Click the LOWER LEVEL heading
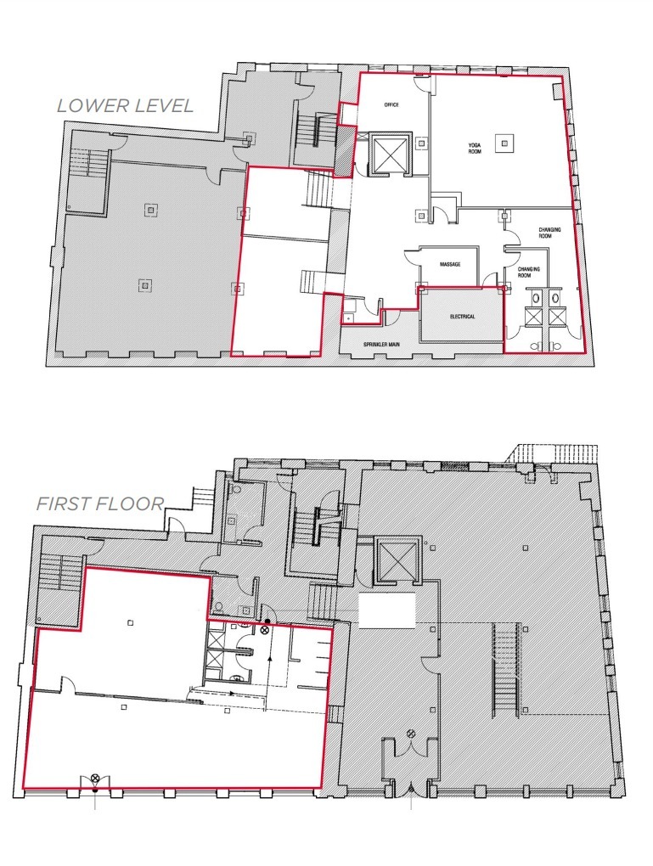pyautogui.click(x=125, y=106)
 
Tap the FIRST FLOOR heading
pyautogui.click(x=99, y=503)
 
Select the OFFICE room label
pyautogui.click(x=391, y=105)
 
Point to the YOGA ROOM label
pyautogui.click(x=475, y=149)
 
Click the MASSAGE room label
pyautogui.click(x=450, y=265)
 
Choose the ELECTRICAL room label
pyautogui.click(x=463, y=317)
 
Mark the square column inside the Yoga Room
pyautogui.click(x=506, y=143)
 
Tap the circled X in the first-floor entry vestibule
pyautogui.click(x=411, y=734)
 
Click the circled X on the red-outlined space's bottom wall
pyautogui.click(x=95, y=779)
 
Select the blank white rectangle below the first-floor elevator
pyautogui.click(x=387, y=610)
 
